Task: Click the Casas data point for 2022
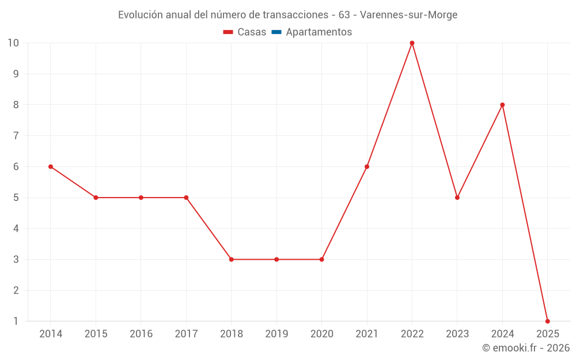click(x=412, y=43)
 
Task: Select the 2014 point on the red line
click(x=51, y=166)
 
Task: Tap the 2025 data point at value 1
click(x=547, y=321)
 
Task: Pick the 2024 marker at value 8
click(x=502, y=105)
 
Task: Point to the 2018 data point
click(x=231, y=259)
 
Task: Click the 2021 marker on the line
click(x=367, y=166)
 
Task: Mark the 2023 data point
click(x=457, y=198)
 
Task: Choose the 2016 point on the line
click(x=141, y=198)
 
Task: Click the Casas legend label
click(x=252, y=32)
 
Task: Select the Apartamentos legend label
click(x=319, y=32)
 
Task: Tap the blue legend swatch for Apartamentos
click(x=276, y=32)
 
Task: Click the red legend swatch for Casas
click(x=228, y=32)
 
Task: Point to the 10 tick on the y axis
click(x=13, y=43)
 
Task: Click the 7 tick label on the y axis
click(x=16, y=136)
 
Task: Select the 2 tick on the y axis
click(x=16, y=290)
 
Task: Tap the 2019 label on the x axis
click(x=276, y=334)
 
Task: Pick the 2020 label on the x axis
click(x=321, y=334)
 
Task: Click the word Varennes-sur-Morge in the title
click(x=408, y=15)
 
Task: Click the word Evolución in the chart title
click(x=141, y=15)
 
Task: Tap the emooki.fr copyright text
click(x=525, y=348)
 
